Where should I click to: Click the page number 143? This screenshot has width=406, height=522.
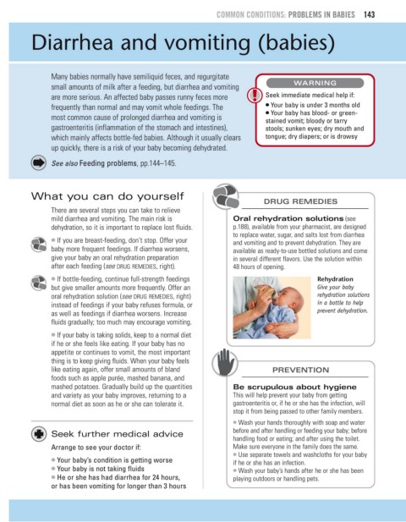(x=369, y=14)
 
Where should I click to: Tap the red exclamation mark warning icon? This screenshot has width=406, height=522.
(x=255, y=95)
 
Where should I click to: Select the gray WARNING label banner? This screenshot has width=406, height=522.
(x=315, y=83)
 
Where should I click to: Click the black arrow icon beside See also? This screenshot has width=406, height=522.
(x=39, y=162)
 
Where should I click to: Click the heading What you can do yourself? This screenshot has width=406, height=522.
(x=107, y=196)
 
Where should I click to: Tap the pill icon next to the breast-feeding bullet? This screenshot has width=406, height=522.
(x=39, y=244)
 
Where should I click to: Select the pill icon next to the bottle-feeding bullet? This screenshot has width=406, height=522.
(x=39, y=283)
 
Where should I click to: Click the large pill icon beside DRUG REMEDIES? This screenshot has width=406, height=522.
(x=226, y=196)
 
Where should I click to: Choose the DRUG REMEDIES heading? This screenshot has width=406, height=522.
(x=300, y=201)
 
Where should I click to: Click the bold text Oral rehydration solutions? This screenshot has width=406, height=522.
(x=288, y=219)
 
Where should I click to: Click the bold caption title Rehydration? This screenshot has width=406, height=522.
(x=335, y=279)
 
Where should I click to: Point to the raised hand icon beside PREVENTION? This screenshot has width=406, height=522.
(x=225, y=362)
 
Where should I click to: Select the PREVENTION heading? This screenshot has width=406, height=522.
(x=300, y=370)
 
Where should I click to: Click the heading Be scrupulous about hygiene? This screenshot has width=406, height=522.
(x=294, y=387)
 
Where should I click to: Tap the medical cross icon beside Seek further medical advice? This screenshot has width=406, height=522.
(x=39, y=434)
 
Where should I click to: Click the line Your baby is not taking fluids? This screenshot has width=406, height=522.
(x=100, y=469)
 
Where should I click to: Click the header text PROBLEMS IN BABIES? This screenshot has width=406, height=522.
(x=321, y=14)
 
